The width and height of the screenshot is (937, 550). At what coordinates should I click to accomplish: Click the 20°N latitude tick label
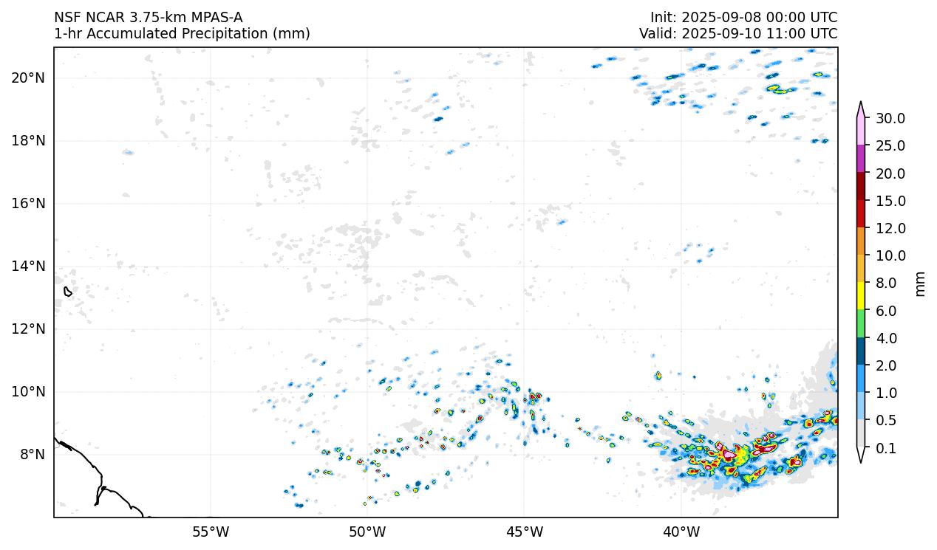point(28,78)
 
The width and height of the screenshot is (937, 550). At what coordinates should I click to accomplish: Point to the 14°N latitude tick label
point(28,267)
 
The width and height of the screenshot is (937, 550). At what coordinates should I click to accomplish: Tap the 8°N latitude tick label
point(31,455)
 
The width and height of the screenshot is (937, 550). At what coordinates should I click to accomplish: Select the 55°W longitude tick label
point(211,532)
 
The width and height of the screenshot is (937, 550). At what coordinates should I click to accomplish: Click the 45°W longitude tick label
point(524,532)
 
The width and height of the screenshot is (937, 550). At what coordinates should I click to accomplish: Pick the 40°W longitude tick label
point(681,532)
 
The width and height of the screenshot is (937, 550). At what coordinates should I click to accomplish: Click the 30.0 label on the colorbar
point(890,119)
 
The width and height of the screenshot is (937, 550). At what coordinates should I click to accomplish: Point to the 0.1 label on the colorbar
point(887,448)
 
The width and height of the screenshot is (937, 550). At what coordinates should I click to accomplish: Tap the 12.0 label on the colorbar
point(890,229)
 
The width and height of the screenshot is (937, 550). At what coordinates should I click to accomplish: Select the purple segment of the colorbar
point(861,159)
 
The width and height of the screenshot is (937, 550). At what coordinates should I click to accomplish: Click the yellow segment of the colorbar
point(861,297)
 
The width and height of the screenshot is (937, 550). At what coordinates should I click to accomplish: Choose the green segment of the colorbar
point(861,324)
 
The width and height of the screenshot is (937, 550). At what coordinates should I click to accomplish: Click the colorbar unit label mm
point(920,283)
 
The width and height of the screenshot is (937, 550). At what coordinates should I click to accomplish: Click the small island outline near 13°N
point(68,292)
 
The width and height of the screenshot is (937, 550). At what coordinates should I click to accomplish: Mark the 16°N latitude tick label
point(28,204)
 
